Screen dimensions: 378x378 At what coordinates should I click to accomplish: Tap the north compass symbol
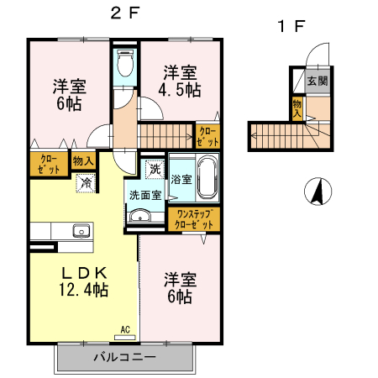point(317,192)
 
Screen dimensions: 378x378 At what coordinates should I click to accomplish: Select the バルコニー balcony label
point(123,357)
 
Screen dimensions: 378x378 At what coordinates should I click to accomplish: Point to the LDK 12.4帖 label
point(82,281)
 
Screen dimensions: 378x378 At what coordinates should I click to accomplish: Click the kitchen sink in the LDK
point(81,231)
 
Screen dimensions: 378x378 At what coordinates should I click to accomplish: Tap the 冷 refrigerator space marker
point(86,181)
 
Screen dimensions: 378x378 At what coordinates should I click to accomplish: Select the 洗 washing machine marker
point(155,169)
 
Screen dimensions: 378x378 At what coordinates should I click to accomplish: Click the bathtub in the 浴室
point(207,178)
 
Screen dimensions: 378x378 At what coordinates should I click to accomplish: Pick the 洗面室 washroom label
point(144,196)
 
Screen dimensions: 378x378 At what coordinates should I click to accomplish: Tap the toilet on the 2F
point(125,62)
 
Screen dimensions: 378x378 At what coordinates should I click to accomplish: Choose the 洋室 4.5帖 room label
point(180,80)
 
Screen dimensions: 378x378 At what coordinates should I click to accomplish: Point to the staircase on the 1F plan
point(277,134)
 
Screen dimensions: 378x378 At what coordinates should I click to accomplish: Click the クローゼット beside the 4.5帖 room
point(207,135)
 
